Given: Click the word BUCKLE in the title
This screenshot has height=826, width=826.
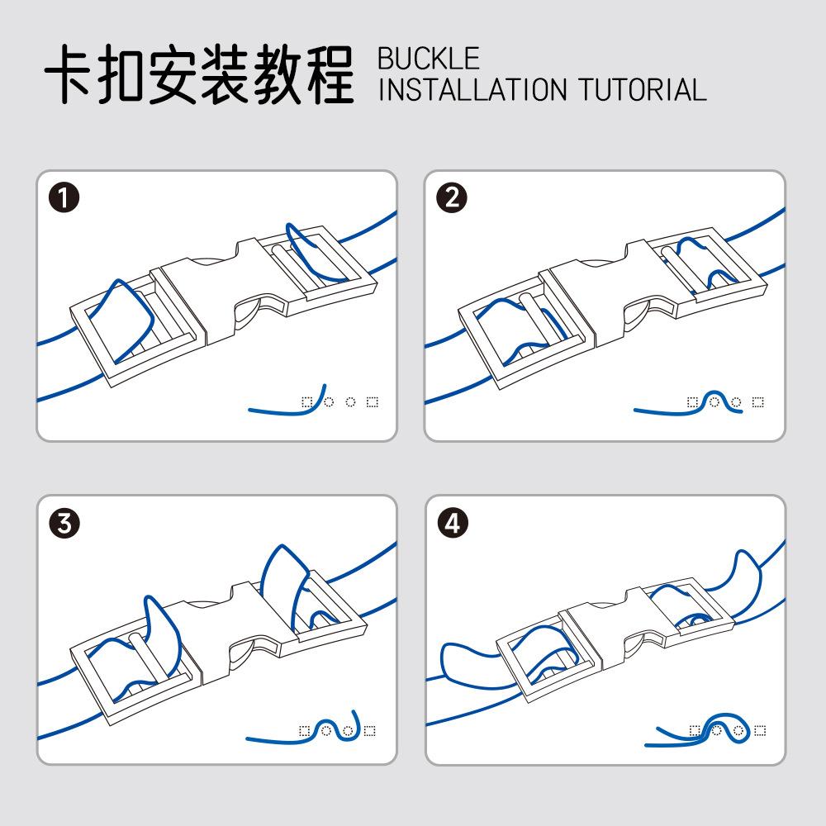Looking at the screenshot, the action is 428,59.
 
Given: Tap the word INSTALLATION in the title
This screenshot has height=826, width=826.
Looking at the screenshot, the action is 473,89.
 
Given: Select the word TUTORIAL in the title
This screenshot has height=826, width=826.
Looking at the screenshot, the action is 642,89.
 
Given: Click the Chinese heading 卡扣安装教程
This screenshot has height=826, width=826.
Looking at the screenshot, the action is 198,75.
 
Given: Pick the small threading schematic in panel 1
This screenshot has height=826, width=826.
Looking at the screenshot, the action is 314,401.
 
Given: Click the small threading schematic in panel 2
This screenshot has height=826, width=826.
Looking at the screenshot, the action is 699,403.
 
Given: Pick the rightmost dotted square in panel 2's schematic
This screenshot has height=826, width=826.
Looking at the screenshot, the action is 758,403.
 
